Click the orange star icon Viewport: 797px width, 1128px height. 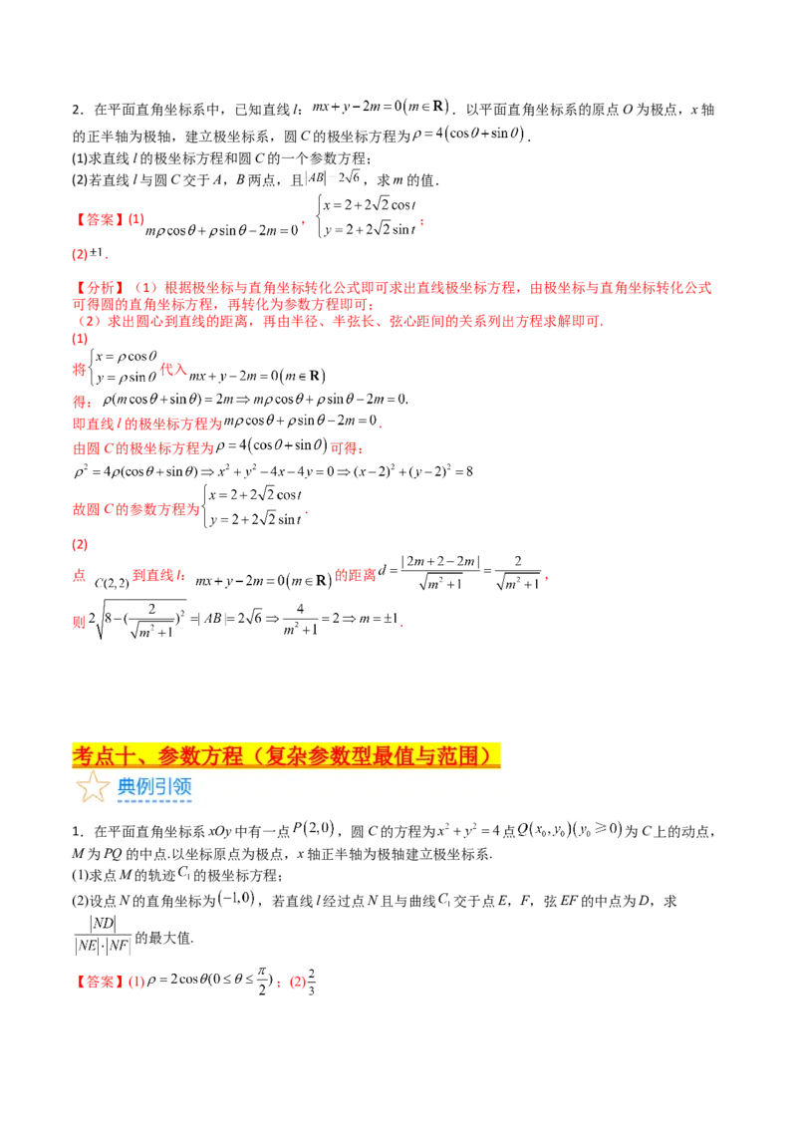click(93, 787)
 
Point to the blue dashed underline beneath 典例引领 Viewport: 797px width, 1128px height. click(154, 800)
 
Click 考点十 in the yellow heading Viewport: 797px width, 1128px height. click(103, 756)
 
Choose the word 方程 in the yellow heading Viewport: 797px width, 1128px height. click(222, 756)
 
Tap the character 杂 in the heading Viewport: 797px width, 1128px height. click(295, 756)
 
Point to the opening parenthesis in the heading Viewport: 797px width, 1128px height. click(253, 756)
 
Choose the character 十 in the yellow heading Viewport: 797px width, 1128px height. click(127, 756)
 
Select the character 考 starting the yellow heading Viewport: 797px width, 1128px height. click(82, 756)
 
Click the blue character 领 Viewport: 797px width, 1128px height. click(182, 787)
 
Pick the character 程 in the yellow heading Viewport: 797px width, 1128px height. click(233, 756)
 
